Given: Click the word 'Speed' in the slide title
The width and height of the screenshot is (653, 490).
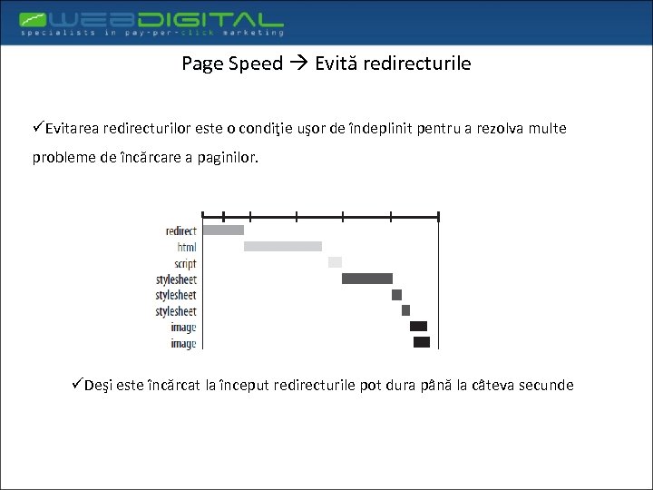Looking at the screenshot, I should pos(256,64).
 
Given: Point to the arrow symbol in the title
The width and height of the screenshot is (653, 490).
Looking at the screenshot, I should pos(298,64).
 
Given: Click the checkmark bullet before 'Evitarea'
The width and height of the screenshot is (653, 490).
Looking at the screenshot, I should pos(38,128).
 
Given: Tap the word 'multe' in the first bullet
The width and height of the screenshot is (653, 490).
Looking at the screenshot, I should pos(545,129).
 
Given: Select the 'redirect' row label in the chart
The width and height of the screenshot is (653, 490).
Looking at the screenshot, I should pos(180,230).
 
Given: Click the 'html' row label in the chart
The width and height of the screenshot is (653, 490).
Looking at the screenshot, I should pos(186,247).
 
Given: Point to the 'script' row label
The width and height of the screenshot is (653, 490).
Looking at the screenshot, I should pos(185,262).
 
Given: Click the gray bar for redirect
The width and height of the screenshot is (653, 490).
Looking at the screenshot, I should pos(223,230).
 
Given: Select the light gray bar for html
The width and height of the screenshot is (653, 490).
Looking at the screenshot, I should pos(283,246).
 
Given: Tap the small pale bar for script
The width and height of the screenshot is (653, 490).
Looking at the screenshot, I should pos(335,262).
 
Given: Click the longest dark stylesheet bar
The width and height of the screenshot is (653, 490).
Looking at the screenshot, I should pos(367,279).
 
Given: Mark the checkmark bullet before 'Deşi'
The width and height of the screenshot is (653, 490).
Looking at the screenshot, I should pos(77,384).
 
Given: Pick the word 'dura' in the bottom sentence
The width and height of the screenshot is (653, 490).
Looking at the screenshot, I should pos(400,385).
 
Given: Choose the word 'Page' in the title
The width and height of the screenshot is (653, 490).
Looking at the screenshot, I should pos(200,64).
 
